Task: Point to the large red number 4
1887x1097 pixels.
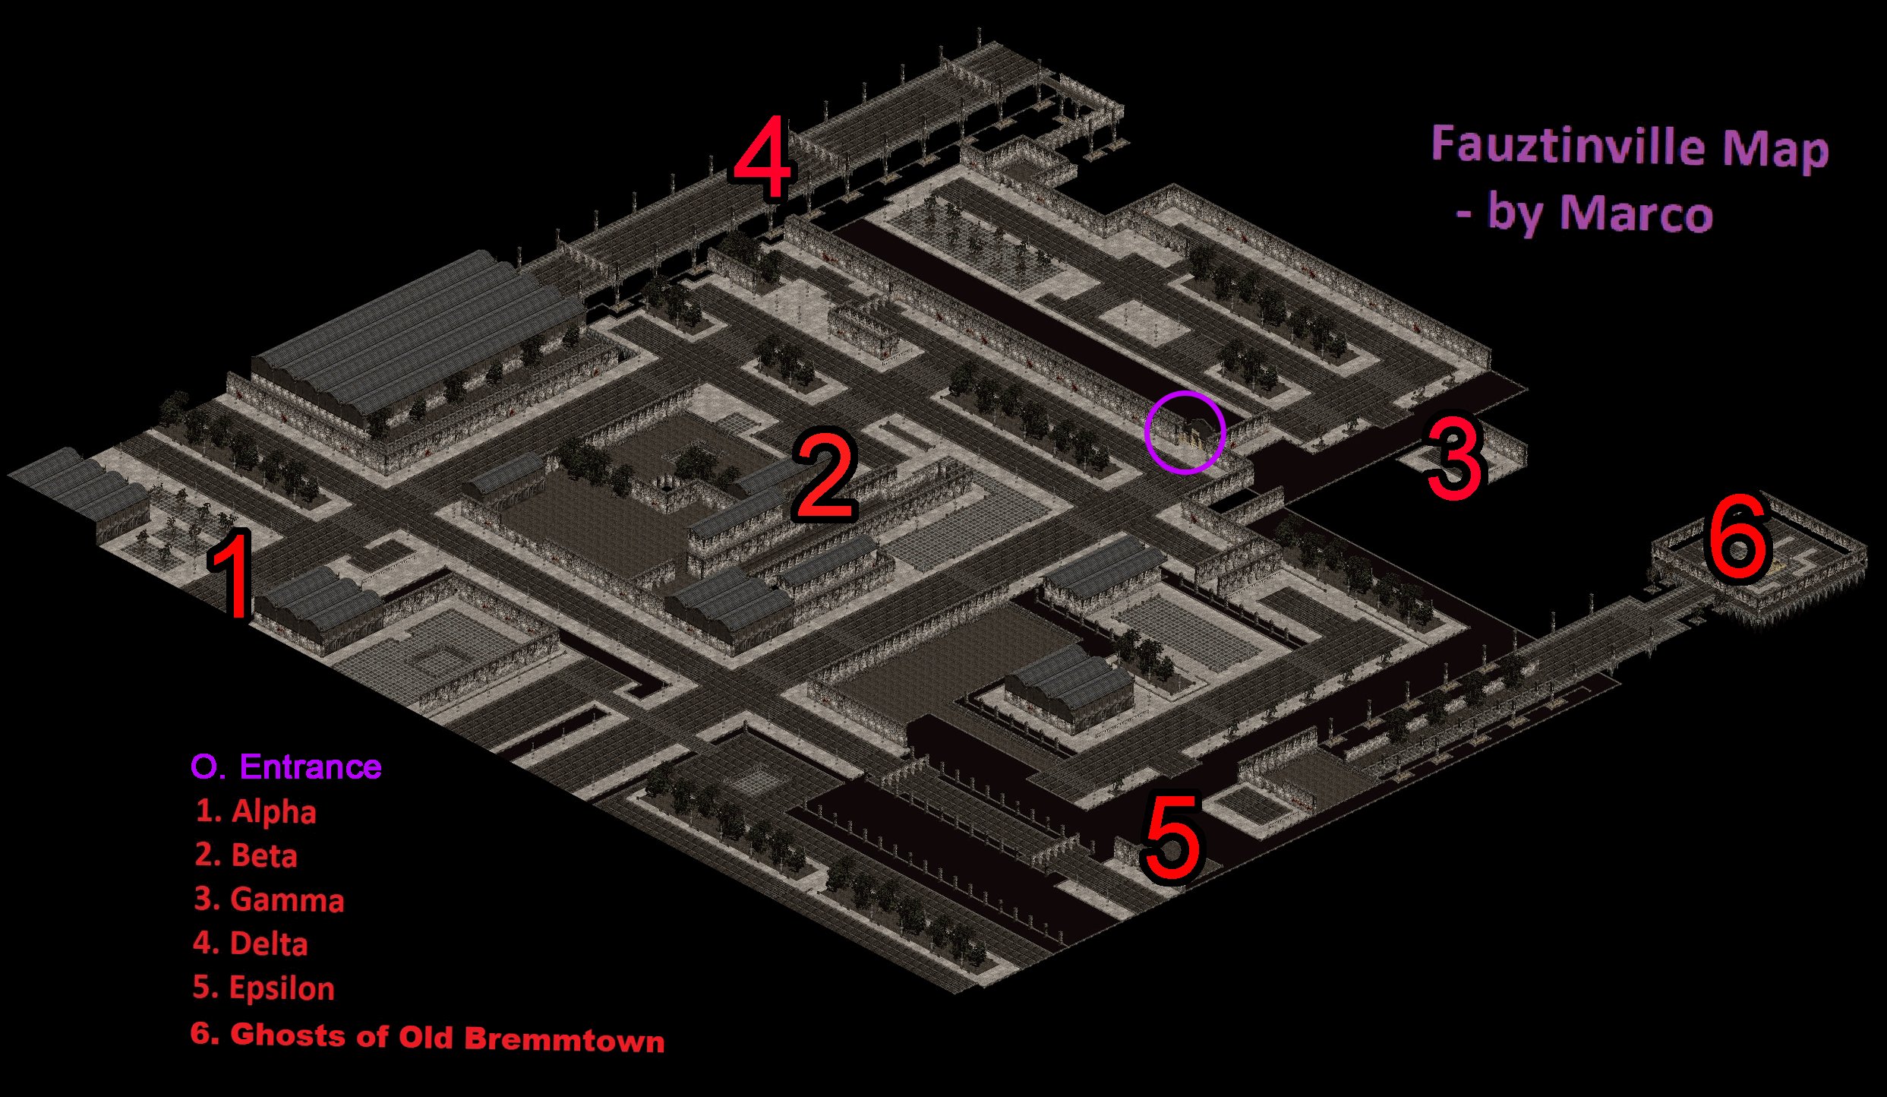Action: [763, 158]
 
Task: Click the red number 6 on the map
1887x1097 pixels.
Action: [1739, 536]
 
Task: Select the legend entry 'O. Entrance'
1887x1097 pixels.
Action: [286, 767]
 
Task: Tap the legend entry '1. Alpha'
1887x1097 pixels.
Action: [255, 811]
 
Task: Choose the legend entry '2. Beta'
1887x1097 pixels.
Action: [246, 855]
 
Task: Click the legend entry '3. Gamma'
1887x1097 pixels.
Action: [269, 899]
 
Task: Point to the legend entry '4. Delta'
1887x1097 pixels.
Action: [251, 943]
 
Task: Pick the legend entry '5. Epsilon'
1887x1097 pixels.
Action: [263, 988]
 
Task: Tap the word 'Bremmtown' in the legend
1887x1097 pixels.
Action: [564, 1039]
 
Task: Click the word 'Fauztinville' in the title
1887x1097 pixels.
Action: [1568, 144]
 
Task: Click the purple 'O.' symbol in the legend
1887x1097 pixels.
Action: [208, 767]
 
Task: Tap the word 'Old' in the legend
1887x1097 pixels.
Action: [426, 1037]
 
